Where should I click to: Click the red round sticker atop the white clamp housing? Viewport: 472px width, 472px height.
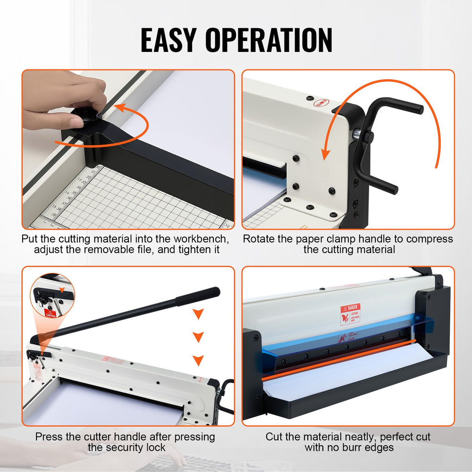[322, 102]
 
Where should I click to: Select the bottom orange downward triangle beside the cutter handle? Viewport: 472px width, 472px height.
[199, 360]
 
